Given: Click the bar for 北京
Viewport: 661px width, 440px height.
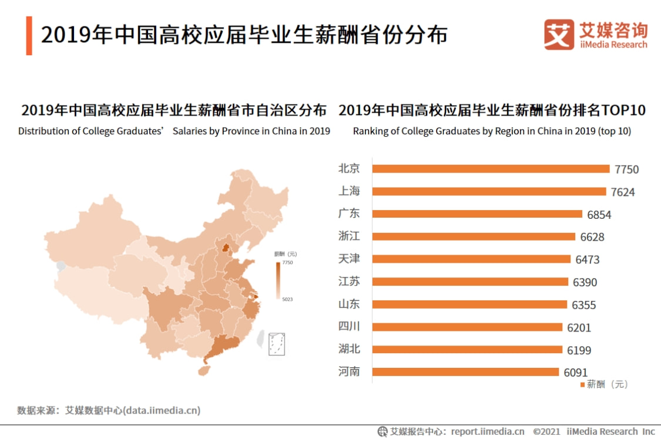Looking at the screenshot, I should (491, 169).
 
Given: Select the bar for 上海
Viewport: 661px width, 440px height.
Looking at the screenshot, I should (489, 191).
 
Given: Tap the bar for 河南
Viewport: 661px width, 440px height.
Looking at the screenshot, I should (466, 372).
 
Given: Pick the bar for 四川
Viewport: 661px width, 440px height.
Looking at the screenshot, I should (468, 327).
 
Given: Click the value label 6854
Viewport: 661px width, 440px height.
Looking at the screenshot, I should (599, 215).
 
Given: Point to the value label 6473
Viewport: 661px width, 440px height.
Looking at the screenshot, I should (588, 259).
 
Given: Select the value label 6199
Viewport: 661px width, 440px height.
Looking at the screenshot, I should (579, 350).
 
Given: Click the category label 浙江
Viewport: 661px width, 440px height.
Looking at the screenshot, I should (349, 236).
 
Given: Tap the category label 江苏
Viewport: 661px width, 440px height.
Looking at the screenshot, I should (349, 282).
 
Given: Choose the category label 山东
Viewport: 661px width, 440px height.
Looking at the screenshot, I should (349, 304).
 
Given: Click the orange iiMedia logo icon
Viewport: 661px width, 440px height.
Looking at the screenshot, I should (559, 35).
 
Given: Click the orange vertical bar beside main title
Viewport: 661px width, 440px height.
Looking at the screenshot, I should (29, 36).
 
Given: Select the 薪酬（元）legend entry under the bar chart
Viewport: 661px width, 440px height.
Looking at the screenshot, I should (605, 384).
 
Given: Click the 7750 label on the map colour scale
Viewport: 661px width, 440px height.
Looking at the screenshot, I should (287, 263).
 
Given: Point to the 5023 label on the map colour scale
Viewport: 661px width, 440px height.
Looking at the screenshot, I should (287, 299).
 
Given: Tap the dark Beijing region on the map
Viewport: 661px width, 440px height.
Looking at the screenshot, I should (225, 248).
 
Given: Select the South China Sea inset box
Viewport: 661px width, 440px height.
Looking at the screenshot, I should (277, 344).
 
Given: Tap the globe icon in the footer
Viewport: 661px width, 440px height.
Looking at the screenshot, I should (382, 431).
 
